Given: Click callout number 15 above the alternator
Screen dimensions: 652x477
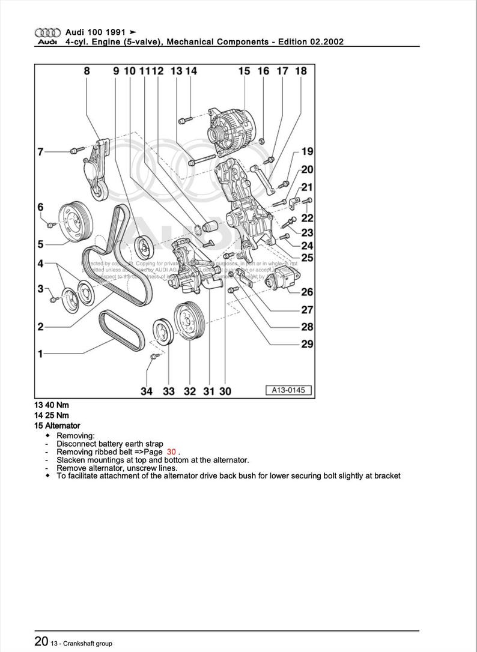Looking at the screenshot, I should tap(244, 71).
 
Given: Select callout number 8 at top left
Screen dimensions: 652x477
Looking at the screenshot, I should tap(87, 71).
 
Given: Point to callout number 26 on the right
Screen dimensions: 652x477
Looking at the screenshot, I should tap(307, 292).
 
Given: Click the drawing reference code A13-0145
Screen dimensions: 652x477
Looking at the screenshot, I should tap(288, 390).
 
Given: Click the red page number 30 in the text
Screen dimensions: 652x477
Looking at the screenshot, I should tap(172, 451).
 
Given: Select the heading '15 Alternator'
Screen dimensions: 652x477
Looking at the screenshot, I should tap(57, 425).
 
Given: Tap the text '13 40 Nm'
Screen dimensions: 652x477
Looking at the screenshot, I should tap(52, 405).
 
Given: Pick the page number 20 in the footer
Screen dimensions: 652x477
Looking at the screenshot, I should tap(41, 642).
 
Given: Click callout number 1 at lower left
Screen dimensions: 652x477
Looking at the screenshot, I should tap(40, 354).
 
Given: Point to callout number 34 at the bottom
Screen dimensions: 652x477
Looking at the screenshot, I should tap(147, 391).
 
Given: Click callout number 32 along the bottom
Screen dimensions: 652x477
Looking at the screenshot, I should tap(190, 391).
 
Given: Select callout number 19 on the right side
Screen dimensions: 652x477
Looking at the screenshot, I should tap(307, 151).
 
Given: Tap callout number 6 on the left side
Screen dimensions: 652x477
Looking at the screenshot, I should tap(40, 207).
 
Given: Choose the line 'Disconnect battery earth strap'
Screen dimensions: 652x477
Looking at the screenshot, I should tap(109, 444).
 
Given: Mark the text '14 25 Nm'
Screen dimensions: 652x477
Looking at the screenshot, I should tap(52, 415).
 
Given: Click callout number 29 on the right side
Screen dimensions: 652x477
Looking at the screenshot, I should tap(307, 344).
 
